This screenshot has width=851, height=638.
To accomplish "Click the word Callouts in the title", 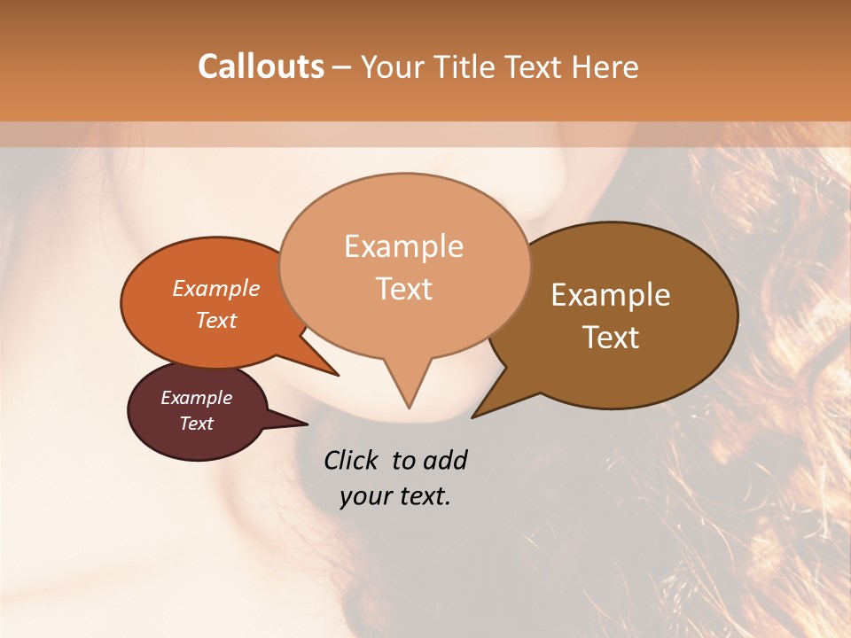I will click(261, 66).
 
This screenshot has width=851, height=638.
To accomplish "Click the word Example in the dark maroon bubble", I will click(196, 398).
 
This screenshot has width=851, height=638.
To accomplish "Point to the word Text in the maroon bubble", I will click(196, 424).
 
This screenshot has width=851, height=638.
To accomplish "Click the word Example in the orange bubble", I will click(215, 288).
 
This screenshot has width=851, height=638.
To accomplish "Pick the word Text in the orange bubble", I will click(215, 320).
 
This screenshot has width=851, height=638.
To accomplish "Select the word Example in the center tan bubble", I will click(403, 246).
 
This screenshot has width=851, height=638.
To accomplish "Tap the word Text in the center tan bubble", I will click(403, 289).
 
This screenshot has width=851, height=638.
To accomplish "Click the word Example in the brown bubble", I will click(611, 295).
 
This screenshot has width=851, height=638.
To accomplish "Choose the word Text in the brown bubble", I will click(611, 338).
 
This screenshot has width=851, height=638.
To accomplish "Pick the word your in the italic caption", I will click(365, 496).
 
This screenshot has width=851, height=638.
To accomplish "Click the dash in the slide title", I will click(342, 67).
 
